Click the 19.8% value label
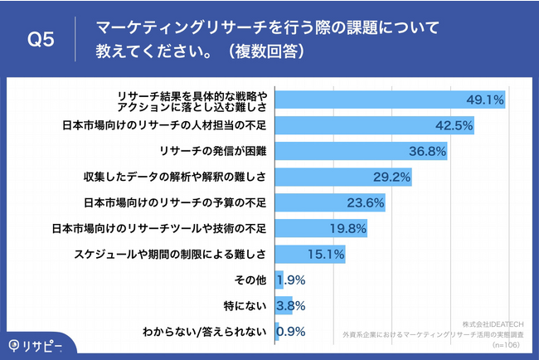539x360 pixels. pyautogui.click(x=348, y=228)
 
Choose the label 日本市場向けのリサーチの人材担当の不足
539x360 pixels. pyautogui.click(x=163, y=126)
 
